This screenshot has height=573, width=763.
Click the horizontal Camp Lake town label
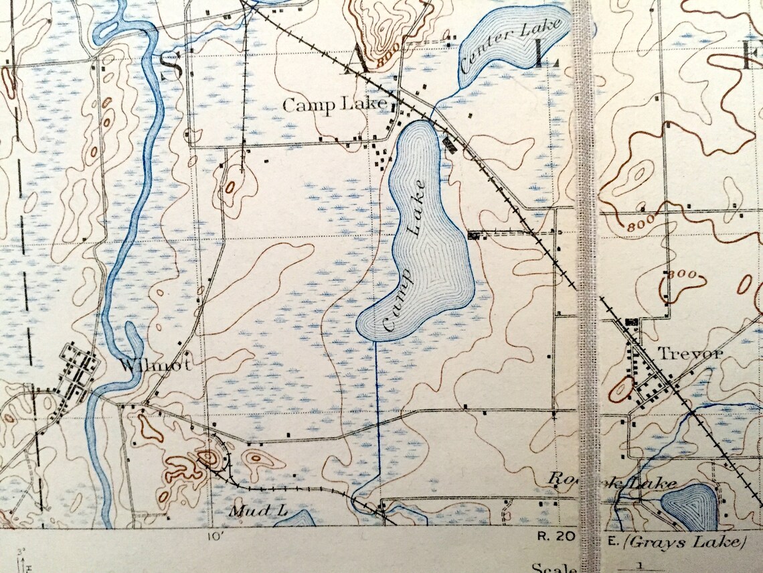coord(335,105)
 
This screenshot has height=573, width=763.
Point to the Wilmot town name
coord(156,365)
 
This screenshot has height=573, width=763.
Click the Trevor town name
coord(689,353)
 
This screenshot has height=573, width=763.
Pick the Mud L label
coord(258,511)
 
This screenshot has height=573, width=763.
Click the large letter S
coord(171,65)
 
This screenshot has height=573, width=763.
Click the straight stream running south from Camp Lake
coord(376,416)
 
